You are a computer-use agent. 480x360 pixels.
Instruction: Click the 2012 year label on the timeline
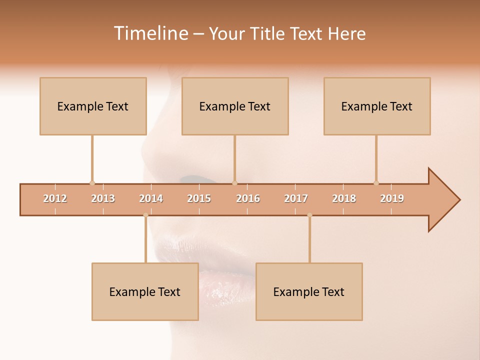pyautogui.click(x=55, y=198)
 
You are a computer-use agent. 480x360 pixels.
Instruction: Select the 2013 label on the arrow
pyautogui.click(x=103, y=198)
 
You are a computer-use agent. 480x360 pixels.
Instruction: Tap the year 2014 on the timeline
pyautogui.click(x=151, y=198)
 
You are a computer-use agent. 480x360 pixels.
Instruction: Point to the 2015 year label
pyautogui.click(x=199, y=198)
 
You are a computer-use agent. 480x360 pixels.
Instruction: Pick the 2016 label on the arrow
pyautogui.click(x=248, y=198)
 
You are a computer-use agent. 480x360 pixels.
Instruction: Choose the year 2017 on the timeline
pyautogui.click(x=296, y=198)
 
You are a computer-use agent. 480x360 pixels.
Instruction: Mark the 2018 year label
pyautogui.click(x=344, y=198)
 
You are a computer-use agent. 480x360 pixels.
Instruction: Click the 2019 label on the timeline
pyautogui.click(x=392, y=198)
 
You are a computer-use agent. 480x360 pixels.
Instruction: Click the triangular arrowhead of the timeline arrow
pyautogui.click(x=443, y=200)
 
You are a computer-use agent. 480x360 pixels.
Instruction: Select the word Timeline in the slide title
pyautogui.click(x=150, y=33)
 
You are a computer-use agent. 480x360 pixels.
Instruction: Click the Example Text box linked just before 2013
pyautogui.click(x=93, y=106)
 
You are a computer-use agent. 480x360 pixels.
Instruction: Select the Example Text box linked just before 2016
pyautogui.click(x=235, y=106)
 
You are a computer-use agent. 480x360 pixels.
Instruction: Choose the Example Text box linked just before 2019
pyautogui.click(x=377, y=106)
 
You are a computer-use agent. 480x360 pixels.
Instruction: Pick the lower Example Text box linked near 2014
pyautogui.click(x=145, y=292)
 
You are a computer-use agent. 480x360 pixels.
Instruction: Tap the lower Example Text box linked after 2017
pyautogui.click(x=309, y=292)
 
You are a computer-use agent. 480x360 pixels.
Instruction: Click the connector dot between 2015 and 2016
pyautogui.click(x=234, y=183)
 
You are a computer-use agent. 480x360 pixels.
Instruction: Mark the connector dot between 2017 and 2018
pyautogui.click(x=309, y=215)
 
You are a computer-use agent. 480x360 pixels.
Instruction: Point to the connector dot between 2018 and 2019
pyautogui.click(x=376, y=183)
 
